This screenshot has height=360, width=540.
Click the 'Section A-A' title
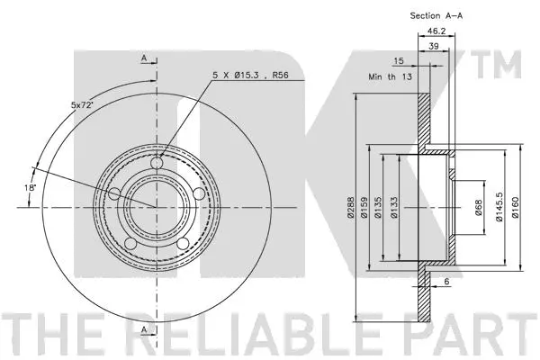pos(436,15)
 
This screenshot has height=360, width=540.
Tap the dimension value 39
pos(435,48)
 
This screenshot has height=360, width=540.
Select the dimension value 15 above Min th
pos(397,61)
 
